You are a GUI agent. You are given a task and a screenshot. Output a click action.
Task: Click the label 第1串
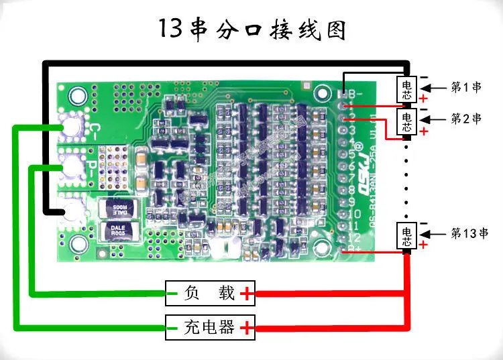(x=465, y=88)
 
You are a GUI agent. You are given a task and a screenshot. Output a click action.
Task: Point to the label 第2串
(x=465, y=119)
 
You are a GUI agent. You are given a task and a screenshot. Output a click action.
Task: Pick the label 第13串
(x=469, y=233)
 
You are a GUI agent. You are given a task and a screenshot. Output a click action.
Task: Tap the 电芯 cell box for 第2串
(x=407, y=121)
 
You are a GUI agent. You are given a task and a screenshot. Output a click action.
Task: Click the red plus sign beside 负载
(x=247, y=292)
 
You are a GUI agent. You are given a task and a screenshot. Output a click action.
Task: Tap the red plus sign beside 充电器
(x=247, y=327)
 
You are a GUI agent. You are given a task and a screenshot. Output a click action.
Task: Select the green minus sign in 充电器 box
(x=173, y=327)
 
